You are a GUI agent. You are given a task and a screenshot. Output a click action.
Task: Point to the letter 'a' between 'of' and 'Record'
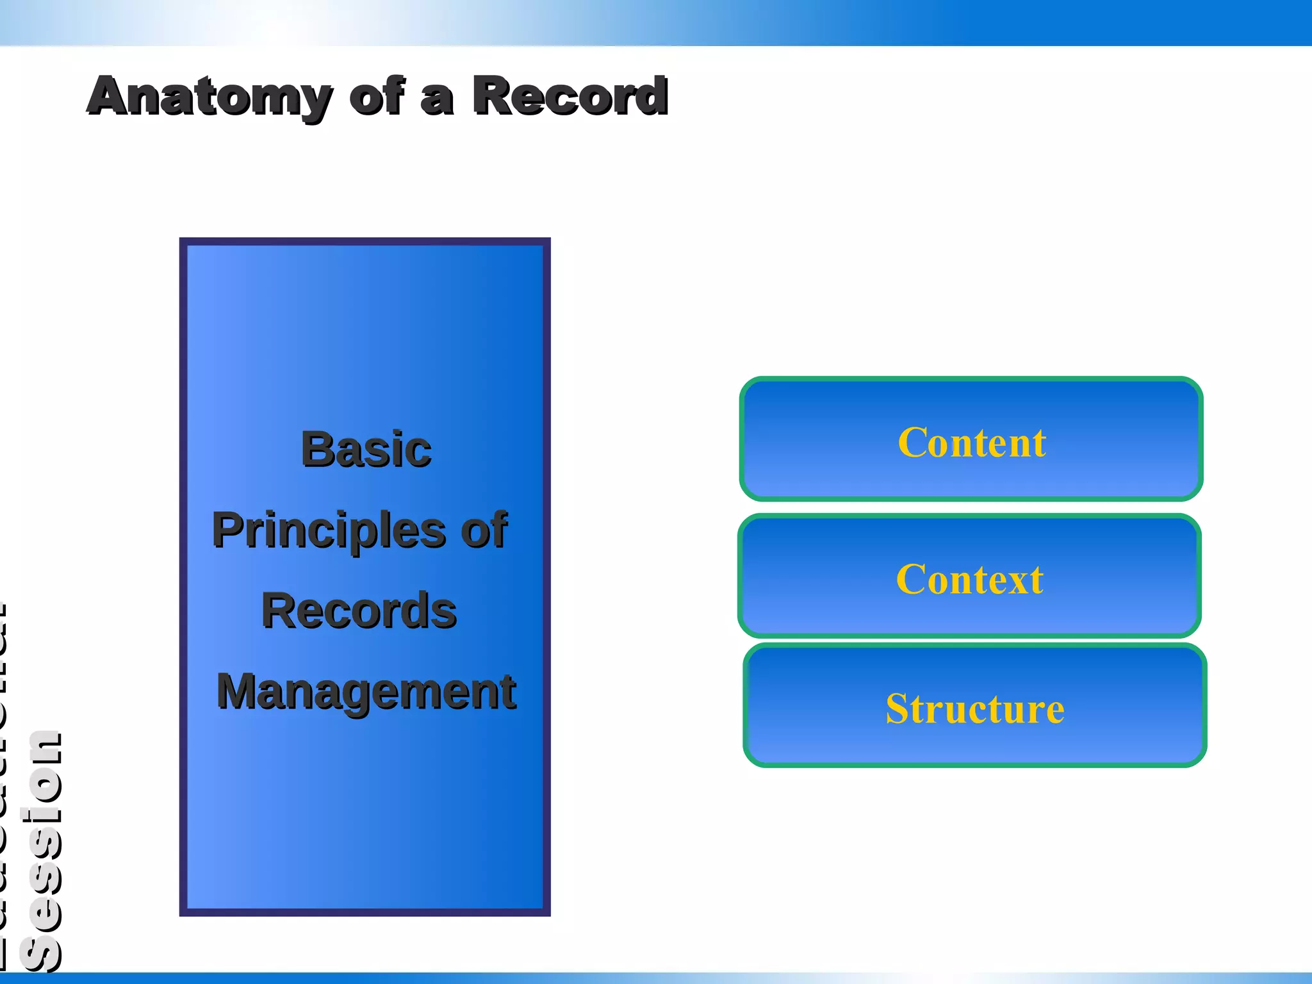[x=437, y=99]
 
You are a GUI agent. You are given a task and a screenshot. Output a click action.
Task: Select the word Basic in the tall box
[x=366, y=449]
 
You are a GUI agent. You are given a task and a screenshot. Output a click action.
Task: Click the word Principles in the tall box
[x=328, y=530]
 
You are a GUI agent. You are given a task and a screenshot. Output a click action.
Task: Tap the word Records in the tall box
[x=359, y=611]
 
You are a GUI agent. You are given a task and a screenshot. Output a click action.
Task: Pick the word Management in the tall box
[x=366, y=692]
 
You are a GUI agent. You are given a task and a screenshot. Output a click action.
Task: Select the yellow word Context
[x=969, y=579]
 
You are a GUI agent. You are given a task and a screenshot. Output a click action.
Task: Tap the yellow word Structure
[x=974, y=709]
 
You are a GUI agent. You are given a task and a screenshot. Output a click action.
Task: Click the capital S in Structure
[x=898, y=709]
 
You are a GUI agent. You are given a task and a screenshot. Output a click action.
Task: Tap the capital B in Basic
[x=316, y=449]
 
